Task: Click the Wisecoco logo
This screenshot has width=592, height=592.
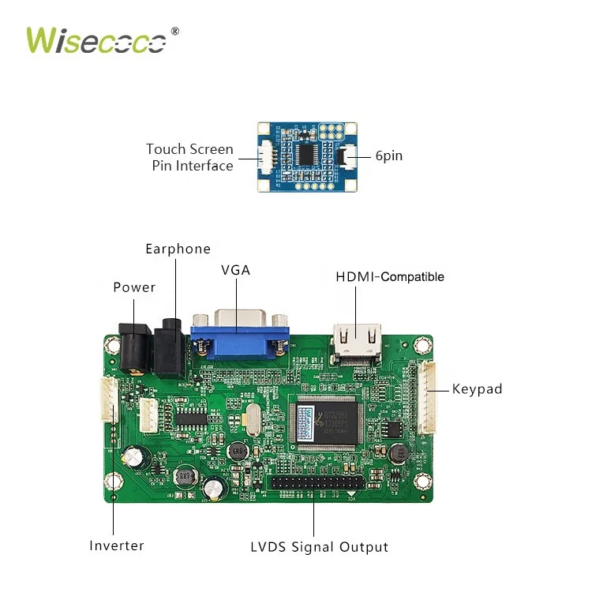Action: click(x=96, y=40)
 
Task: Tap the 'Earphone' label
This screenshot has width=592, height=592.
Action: click(x=178, y=249)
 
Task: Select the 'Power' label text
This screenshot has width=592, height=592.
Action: click(x=134, y=287)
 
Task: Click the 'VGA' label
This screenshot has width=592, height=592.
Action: click(x=235, y=270)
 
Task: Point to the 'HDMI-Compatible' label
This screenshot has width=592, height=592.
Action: click(x=390, y=277)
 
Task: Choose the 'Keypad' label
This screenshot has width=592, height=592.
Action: click(x=477, y=389)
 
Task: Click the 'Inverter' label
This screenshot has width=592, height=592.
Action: click(x=117, y=545)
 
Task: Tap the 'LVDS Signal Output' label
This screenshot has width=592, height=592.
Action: click(x=319, y=547)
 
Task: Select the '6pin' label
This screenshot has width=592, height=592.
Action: click(x=388, y=156)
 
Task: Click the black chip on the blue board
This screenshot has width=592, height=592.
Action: click(x=307, y=155)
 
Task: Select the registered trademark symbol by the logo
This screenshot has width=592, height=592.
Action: click(x=175, y=32)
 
